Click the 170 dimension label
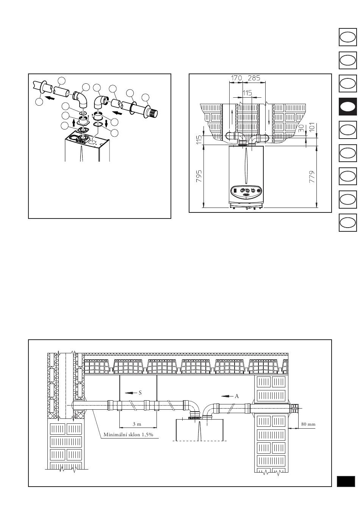236,78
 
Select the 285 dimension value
254,78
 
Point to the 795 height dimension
199,176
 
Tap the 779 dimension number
312,176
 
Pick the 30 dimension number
301,128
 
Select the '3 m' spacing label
137,424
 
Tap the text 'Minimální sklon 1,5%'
128,435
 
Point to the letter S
140,393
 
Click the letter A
237,396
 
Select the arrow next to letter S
131,393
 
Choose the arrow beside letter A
227,396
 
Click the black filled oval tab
347,106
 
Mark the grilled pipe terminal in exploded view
153,113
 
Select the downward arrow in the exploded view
106,124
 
